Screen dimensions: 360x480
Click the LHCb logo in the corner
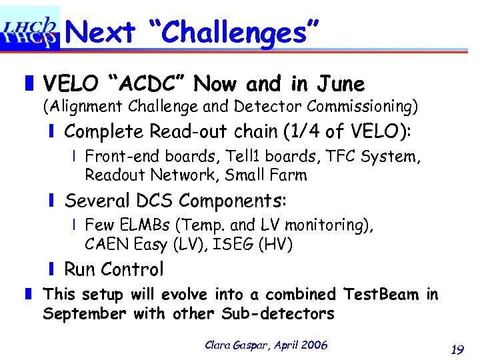[x=29, y=30]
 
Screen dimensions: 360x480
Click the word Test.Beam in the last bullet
[x=381, y=294]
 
